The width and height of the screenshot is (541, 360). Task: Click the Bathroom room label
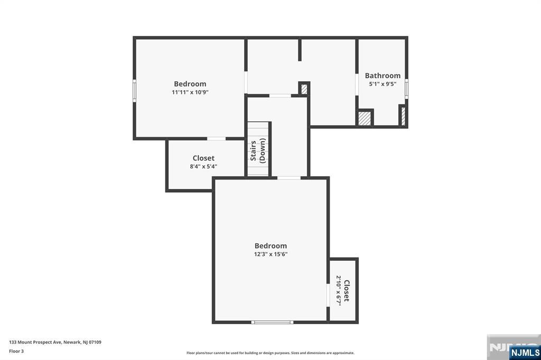pyautogui.click(x=383, y=75)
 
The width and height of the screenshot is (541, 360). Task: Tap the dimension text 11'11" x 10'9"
pyautogui.click(x=190, y=92)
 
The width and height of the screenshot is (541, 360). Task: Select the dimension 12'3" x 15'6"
pyautogui.click(x=271, y=254)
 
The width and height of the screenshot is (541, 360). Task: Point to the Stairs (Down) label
pyautogui.click(x=258, y=150)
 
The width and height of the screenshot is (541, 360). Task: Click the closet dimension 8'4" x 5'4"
pyautogui.click(x=203, y=166)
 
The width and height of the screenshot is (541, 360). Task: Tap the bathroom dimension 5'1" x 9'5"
pyautogui.click(x=383, y=84)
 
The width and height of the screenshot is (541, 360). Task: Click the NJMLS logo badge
pyautogui.click(x=525, y=352)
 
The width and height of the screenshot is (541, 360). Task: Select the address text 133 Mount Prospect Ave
pyautogui.click(x=35, y=343)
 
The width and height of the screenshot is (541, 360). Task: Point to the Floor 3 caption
pyautogui.click(x=16, y=352)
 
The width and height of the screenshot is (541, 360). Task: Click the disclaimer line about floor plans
pyautogui.click(x=270, y=353)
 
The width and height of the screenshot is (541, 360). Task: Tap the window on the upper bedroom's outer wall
pyautogui.click(x=135, y=91)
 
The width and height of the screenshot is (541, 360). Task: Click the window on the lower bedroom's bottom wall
pyautogui.click(x=272, y=323)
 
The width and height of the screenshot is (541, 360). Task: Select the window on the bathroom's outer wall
pyautogui.click(x=406, y=89)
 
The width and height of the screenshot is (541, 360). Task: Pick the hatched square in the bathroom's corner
pyautogui.click(x=365, y=118)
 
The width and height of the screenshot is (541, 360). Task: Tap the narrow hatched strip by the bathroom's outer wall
pyautogui.click(x=403, y=116)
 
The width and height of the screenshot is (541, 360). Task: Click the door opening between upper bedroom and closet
pyautogui.click(x=216, y=139)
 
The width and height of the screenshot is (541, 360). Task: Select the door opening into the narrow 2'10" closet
pyautogui.click(x=328, y=295)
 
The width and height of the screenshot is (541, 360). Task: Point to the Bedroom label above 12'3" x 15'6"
pyautogui.click(x=271, y=246)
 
